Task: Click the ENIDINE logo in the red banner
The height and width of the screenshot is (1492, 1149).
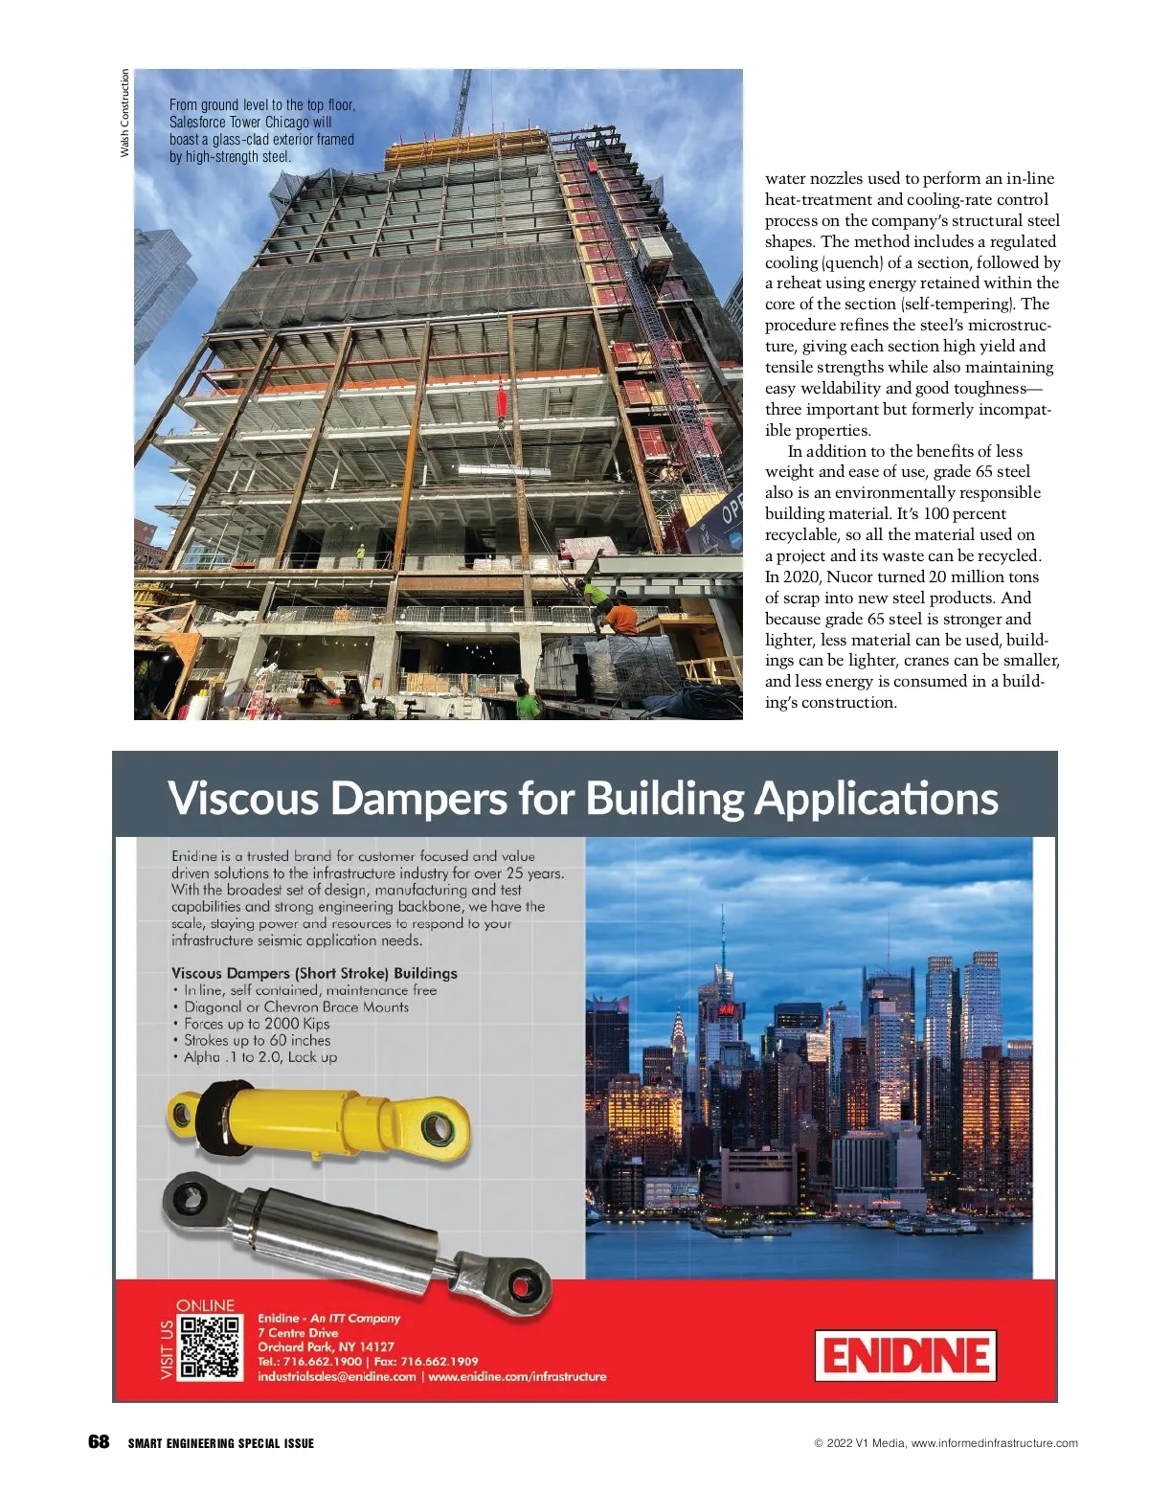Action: click(905, 1355)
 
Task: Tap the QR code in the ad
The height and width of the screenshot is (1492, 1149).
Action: click(210, 1347)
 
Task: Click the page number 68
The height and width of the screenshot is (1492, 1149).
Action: click(99, 1442)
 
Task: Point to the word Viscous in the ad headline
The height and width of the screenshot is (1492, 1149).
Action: click(243, 798)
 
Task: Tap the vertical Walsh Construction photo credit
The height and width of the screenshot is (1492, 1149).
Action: click(124, 114)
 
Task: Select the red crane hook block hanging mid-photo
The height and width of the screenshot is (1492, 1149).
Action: click(501, 396)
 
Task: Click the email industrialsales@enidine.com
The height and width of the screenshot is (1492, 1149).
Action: click(336, 1377)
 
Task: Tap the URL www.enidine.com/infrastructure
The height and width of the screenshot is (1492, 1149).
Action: click(517, 1377)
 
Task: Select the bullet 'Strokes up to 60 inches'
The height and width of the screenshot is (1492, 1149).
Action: click(257, 1041)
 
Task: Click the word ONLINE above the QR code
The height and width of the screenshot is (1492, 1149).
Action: click(205, 1305)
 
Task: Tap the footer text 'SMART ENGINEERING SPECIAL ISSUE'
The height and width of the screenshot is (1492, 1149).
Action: click(221, 1443)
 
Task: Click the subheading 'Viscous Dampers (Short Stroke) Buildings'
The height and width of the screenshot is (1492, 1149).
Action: click(314, 973)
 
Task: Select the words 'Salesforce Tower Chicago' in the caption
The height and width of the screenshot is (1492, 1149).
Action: click(239, 123)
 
